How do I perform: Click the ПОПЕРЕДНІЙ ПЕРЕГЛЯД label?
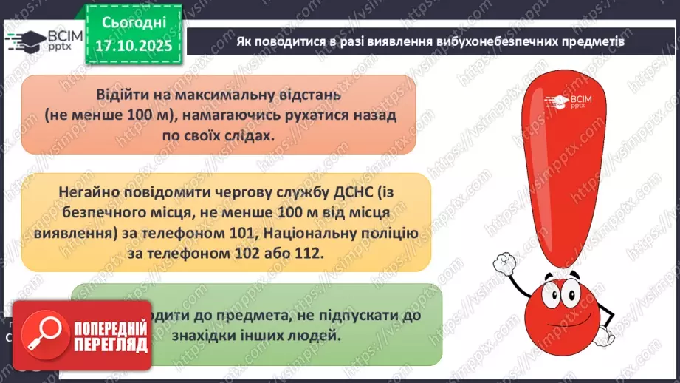pos(109,336)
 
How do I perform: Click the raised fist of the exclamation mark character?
pos(507,263)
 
